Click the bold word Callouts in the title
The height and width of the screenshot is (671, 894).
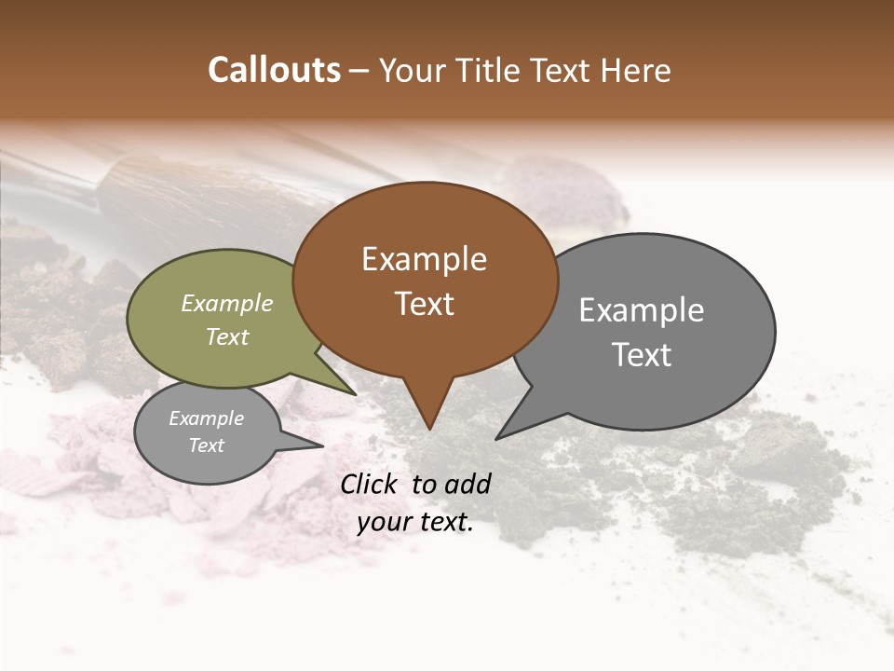(274, 70)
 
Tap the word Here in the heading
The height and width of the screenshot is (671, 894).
(636, 70)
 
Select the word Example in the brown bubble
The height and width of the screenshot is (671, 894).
(424, 259)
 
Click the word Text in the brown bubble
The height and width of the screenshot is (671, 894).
(424, 304)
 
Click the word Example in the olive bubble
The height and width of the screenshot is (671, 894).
(227, 303)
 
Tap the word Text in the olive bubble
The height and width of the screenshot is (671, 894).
(227, 336)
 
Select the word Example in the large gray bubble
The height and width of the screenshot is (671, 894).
(642, 310)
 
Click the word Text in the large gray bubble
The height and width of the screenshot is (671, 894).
(642, 355)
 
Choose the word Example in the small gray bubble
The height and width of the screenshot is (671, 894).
(207, 418)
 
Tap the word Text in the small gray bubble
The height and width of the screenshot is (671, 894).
(207, 445)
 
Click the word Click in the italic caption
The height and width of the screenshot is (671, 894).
(370, 484)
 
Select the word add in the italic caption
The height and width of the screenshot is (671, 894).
(467, 484)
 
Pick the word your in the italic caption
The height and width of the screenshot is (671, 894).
(385, 523)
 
